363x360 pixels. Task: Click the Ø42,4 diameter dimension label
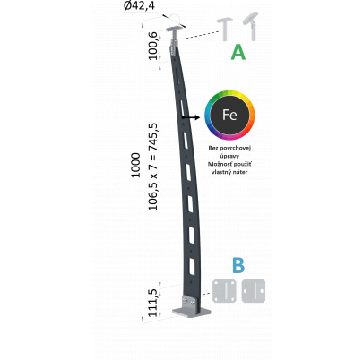pyautogui.click(x=139, y=6)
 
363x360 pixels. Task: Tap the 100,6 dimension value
pyautogui.click(x=153, y=46)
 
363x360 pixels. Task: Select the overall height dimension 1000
pyautogui.click(x=135, y=165)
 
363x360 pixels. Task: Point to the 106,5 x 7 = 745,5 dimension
pyautogui.click(x=153, y=167)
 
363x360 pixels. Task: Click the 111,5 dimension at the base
pyautogui.click(x=153, y=303)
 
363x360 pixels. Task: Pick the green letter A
pyautogui.click(x=238, y=52)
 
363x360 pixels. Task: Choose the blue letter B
pyautogui.click(x=238, y=265)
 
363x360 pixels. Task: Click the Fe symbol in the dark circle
pyautogui.click(x=229, y=115)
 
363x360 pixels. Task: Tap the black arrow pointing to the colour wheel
pyautogui.click(x=191, y=117)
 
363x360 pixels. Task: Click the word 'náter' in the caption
pyautogui.click(x=241, y=172)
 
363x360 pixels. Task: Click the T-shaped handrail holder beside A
pyautogui.click(x=225, y=30)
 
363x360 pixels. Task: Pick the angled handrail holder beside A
pyautogui.click(x=251, y=26)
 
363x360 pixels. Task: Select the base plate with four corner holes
pyautogui.click(x=224, y=291)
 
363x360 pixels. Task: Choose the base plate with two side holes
pyautogui.click(x=254, y=291)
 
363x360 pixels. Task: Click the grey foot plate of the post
pyautogui.click(x=192, y=313)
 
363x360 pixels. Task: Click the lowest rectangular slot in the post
pyautogui.click(x=192, y=267)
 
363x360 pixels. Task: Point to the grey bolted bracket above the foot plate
pyautogui.click(x=189, y=302)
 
